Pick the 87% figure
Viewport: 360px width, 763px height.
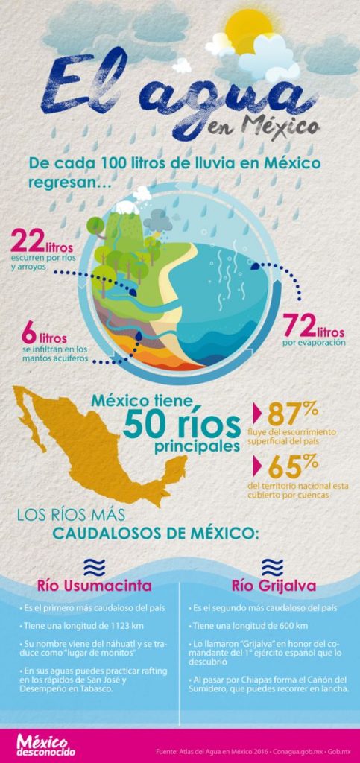pos(293,414)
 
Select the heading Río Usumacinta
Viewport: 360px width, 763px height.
pos(89,583)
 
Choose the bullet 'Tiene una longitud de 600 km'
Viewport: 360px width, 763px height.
pos(253,626)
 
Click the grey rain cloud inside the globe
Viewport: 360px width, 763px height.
pos(158,220)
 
